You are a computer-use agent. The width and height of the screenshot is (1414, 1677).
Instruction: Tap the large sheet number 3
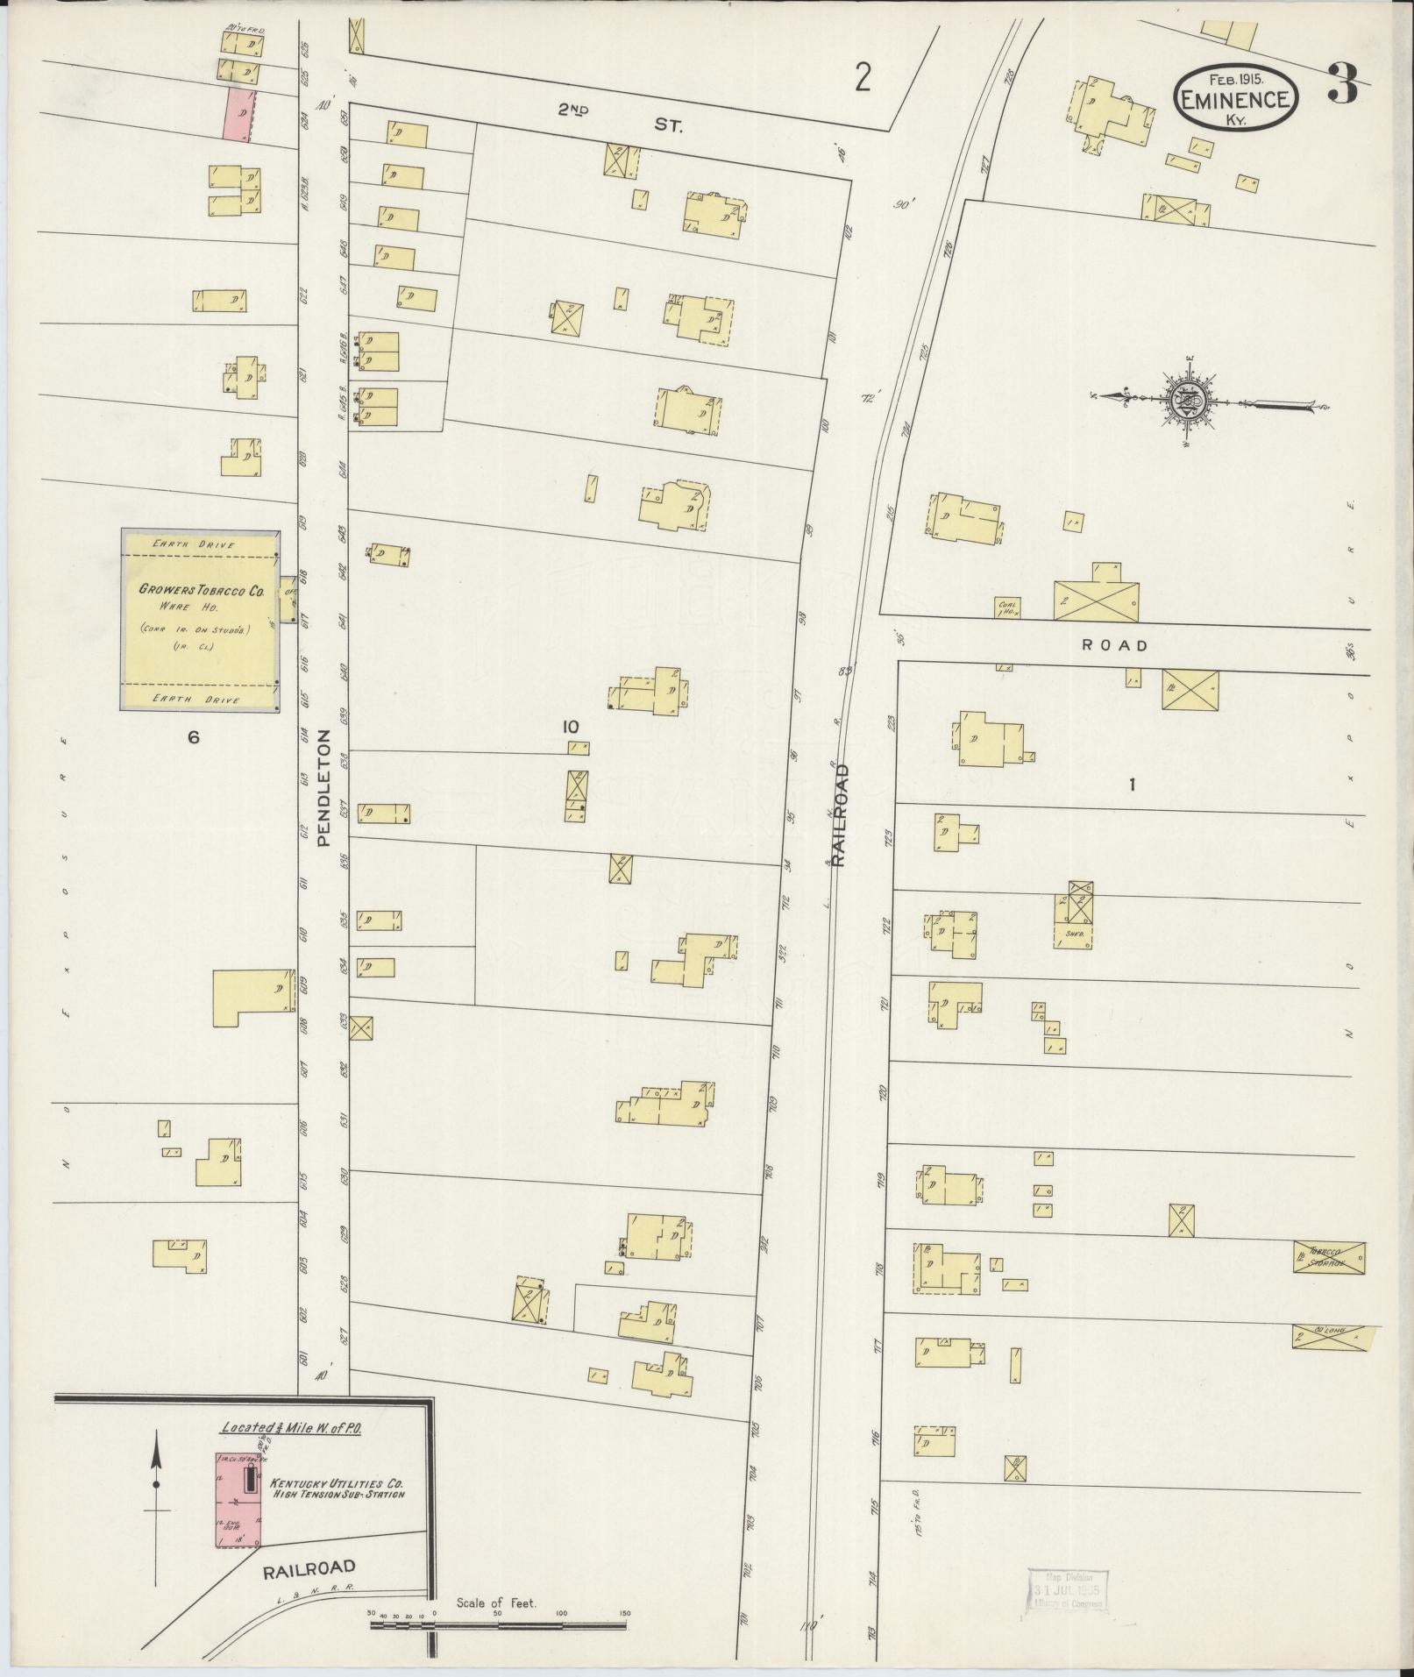[1342, 83]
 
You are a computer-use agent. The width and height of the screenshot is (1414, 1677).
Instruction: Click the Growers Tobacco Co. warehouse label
[202, 592]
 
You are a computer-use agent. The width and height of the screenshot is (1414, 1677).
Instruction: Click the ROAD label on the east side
[1114, 646]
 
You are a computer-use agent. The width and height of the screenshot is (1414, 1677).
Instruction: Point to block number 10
[571, 726]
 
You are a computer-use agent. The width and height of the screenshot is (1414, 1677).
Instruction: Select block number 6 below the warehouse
[193, 737]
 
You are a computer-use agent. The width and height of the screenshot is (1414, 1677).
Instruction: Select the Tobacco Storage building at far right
[1329, 1258]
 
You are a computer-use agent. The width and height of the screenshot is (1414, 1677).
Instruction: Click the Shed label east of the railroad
[1075, 934]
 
